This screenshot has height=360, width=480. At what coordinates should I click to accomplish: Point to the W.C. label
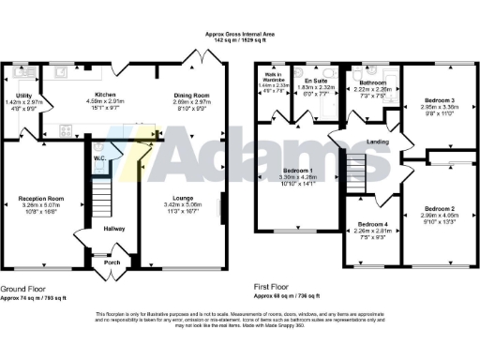point(98,157)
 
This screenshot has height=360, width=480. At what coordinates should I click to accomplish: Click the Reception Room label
point(40,199)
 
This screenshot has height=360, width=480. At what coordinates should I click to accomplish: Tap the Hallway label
point(114,229)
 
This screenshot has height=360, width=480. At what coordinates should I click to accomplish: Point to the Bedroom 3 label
point(439,99)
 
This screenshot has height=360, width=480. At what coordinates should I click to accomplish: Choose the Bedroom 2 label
point(439,208)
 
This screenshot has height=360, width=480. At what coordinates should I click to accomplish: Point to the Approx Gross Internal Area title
point(240,35)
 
